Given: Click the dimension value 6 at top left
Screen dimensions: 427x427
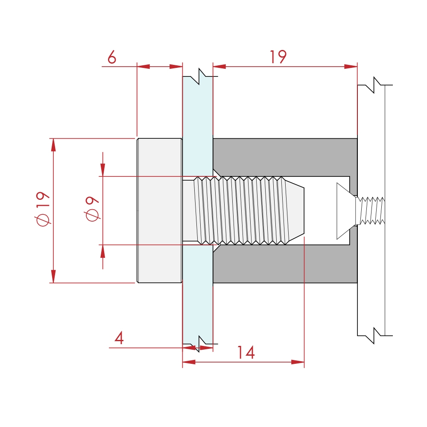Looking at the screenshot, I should [x=111, y=57].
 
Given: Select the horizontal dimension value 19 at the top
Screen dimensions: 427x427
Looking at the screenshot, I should [x=278, y=57].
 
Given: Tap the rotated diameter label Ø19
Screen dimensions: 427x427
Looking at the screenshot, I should [x=43, y=208].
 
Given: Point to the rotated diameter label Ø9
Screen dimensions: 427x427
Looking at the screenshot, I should [x=92, y=209].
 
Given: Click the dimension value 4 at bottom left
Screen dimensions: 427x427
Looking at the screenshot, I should [x=119, y=339].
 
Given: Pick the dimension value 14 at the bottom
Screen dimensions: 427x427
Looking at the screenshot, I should [x=246, y=353].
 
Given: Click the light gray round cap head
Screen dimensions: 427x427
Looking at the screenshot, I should [x=159, y=210].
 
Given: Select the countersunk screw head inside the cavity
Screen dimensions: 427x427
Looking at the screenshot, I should [x=345, y=211].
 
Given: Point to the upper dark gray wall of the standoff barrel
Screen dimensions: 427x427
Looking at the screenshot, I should [x=285, y=157].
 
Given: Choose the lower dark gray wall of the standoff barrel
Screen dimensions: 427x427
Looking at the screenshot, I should [x=285, y=264].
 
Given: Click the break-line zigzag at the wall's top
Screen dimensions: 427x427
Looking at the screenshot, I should [x=374, y=85].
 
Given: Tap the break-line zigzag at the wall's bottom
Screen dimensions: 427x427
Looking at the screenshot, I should [x=374, y=335].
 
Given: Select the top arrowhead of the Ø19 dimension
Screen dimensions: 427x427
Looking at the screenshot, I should [x=53, y=145].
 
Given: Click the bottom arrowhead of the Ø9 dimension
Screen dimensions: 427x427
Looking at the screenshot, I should [x=103, y=252].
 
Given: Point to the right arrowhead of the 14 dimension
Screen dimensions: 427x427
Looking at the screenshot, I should [x=298, y=362].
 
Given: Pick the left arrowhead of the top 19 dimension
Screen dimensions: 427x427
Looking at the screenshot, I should [x=219, y=67].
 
